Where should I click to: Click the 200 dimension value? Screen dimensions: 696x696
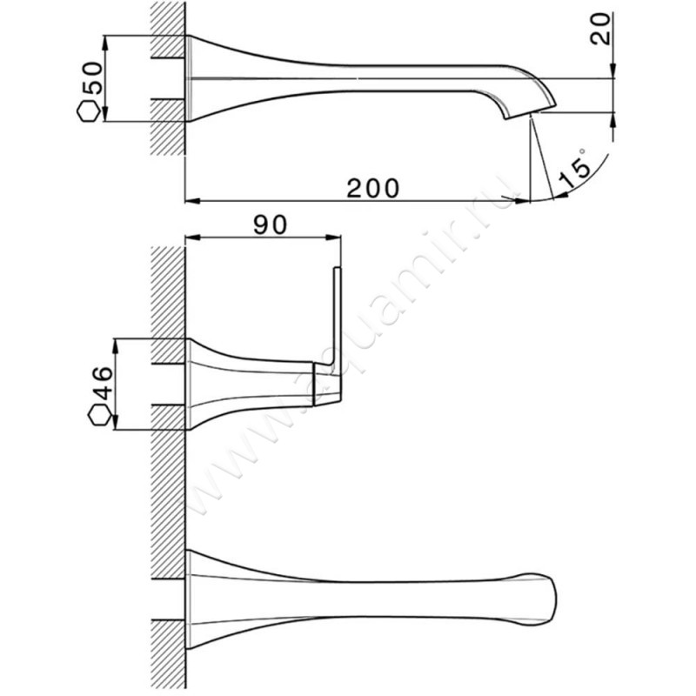373,188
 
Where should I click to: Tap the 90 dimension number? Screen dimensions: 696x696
271,225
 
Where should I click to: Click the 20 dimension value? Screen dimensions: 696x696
600,29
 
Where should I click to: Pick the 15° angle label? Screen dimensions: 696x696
575,169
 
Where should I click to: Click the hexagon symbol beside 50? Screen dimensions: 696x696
89,111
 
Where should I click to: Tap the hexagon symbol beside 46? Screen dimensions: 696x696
100,416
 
